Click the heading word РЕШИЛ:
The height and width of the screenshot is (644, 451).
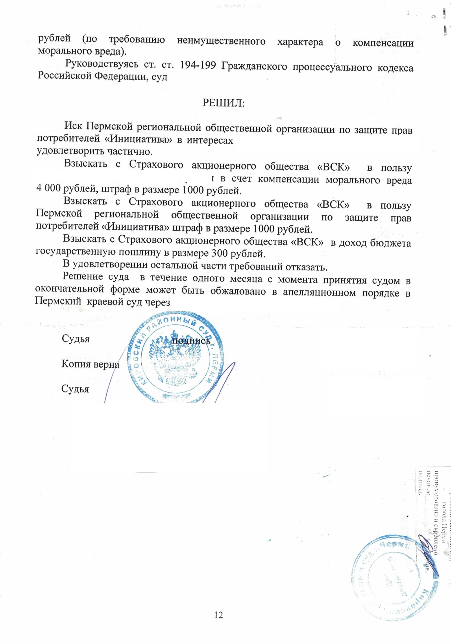[223, 103]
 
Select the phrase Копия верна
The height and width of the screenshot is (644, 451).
[90, 364]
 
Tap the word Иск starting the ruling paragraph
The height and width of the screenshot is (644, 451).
[73, 126]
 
